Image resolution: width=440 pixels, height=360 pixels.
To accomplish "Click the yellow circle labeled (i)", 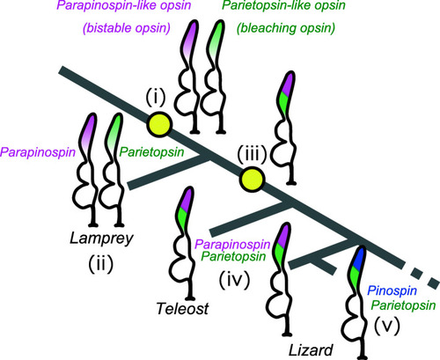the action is (x=158, y=124).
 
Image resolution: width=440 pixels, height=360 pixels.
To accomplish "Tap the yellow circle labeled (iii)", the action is (x=252, y=180).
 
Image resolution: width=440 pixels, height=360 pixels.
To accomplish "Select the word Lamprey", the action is (x=101, y=239).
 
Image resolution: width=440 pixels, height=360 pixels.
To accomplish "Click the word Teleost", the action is (x=182, y=308).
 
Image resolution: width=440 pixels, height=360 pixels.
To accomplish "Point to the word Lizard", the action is (x=311, y=349).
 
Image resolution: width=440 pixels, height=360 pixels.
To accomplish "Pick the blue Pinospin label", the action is (x=392, y=291).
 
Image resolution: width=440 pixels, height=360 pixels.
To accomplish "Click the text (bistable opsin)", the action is (x=127, y=28).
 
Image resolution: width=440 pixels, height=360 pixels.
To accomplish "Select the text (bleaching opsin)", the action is (x=286, y=28).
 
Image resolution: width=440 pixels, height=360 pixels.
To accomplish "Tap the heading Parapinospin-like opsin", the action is (x=124, y=5).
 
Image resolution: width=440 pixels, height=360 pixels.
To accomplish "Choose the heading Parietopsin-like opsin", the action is (x=283, y=5).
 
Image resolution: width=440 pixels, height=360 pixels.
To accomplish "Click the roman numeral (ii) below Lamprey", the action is (x=101, y=264).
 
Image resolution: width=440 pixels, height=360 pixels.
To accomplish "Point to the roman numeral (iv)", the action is (x=234, y=280).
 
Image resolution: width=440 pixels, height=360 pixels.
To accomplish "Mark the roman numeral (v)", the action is (x=387, y=326).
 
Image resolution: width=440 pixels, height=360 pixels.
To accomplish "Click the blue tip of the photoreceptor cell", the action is (x=358, y=257).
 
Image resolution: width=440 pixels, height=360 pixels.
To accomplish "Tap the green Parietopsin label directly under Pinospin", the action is (x=403, y=305).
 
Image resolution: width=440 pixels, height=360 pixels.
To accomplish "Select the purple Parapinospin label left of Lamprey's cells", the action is (x=38, y=152).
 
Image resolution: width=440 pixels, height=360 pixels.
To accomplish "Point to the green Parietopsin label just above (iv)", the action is (x=233, y=257).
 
